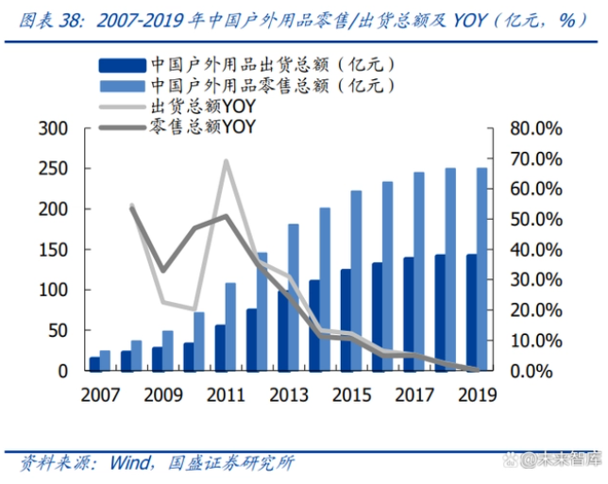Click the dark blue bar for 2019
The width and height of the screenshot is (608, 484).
471,312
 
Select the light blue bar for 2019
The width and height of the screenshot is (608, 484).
482,269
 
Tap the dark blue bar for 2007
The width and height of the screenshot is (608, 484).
94,363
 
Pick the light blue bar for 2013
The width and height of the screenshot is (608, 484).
294,297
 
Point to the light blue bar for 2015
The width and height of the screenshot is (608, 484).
357,280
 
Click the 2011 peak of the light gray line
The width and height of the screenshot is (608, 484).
227,161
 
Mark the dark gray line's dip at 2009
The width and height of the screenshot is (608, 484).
162,271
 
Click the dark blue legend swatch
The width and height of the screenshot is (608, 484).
121,65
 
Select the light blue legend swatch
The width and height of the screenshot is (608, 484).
121,86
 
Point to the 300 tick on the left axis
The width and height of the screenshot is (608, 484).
56,129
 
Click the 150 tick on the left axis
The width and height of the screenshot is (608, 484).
56,250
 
